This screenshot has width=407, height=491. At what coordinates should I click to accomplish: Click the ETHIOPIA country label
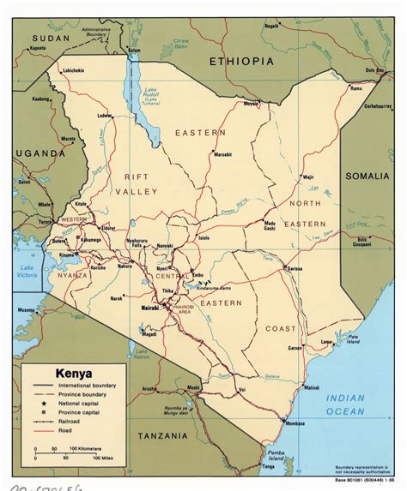(x=242, y=62)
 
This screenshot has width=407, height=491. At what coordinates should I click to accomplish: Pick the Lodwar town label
(x=105, y=115)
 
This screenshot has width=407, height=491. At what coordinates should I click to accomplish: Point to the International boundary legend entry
(x=93, y=386)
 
